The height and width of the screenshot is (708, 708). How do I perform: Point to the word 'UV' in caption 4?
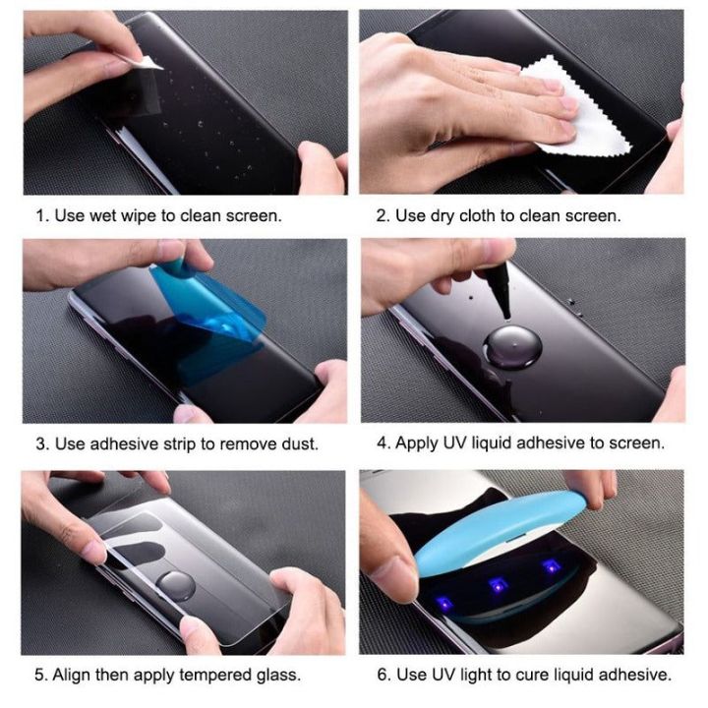pyautogui.click(x=458, y=443)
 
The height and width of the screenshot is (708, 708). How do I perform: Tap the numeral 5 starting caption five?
pyautogui.click(x=40, y=676)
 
